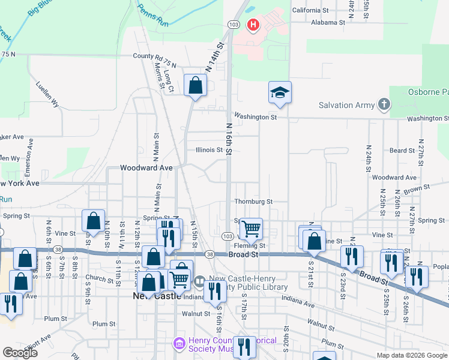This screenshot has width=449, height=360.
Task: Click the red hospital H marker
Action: point(253,25)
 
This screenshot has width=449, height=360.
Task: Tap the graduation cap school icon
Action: point(279,92)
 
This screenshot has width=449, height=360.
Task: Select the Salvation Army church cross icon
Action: point(384,105)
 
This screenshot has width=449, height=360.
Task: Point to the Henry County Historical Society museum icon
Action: point(179,344)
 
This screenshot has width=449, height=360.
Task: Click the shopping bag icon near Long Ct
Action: point(195,85)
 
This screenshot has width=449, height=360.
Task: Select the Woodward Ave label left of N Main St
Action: point(146,169)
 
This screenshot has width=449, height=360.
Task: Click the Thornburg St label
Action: point(253,202)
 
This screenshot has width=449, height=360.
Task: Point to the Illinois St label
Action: point(209,150)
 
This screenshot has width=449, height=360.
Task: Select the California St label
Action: point(310,10)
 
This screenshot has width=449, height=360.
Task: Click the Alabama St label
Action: point(328,22)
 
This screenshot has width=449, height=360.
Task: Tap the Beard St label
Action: point(402,151)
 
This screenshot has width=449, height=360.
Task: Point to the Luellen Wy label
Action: point(47,94)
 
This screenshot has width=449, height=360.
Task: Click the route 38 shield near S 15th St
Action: point(209,254)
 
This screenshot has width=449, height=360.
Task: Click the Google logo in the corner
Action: point(20,353)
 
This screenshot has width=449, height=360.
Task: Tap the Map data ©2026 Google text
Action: point(411,355)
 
